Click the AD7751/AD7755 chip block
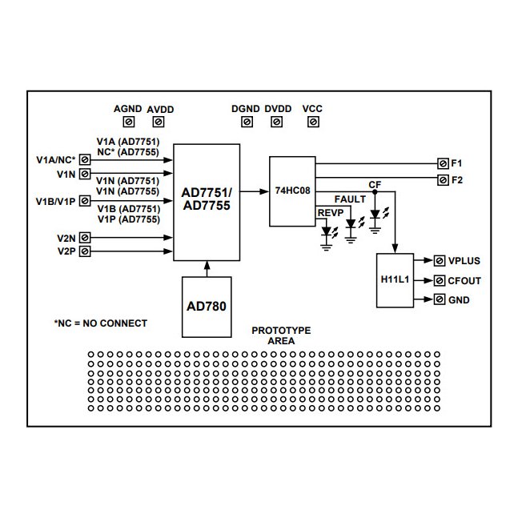point(207,202)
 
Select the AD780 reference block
point(207,307)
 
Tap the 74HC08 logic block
point(293,191)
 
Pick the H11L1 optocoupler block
point(394,280)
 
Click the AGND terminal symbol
point(128,122)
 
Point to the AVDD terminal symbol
point(159,122)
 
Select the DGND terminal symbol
point(247,122)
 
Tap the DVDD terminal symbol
point(277,122)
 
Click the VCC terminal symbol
point(312,122)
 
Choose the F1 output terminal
point(443,163)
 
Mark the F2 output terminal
point(443,180)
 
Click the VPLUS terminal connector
point(440,261)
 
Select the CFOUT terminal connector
point(440,281)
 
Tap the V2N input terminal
point(84,238)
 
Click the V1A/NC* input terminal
point(84,159)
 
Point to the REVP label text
point(329,213)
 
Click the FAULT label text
point(350,199)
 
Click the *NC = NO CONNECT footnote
point(100,323)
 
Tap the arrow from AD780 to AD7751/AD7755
point(207,268)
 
